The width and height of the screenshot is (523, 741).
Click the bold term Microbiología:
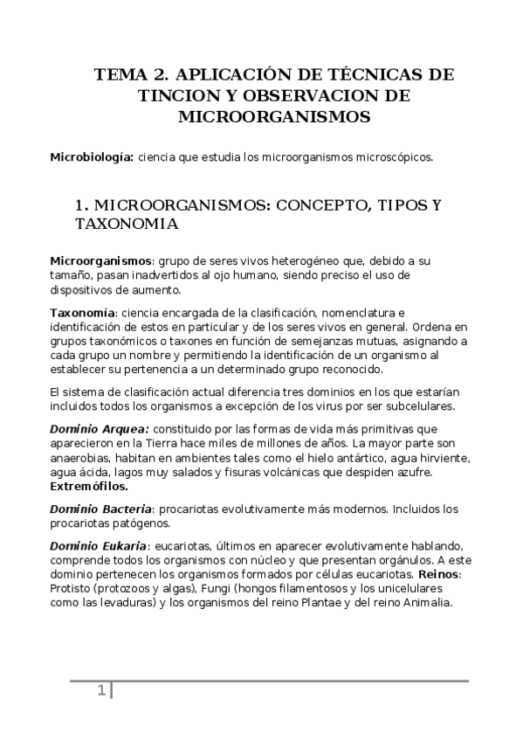pyautogui.click(x=92, y=158)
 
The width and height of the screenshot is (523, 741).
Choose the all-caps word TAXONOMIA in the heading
pyautogui.click(x=127, y=224)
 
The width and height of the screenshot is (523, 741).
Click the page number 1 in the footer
pyautogui.click(x=101, y=691)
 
